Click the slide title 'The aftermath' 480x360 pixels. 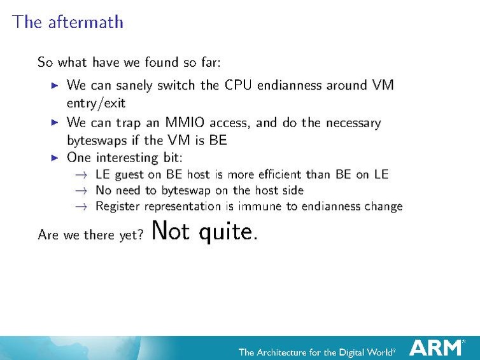point(67,22)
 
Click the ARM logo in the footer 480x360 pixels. point(436,347)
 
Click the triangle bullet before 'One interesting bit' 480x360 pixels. point(55,156)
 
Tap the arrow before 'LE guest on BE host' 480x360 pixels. point(80,174)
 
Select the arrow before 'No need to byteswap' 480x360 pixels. point(80,190)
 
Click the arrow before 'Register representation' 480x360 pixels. point(80,206)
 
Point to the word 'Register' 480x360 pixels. point(118,206)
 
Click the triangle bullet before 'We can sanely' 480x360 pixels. point(55,85)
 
